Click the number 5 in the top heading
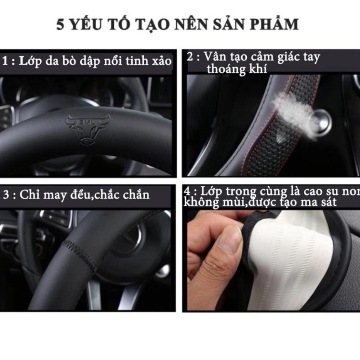[60, 25]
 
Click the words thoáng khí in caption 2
[237, 69]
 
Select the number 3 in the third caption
[6, 195]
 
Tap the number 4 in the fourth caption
[187, 192]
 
